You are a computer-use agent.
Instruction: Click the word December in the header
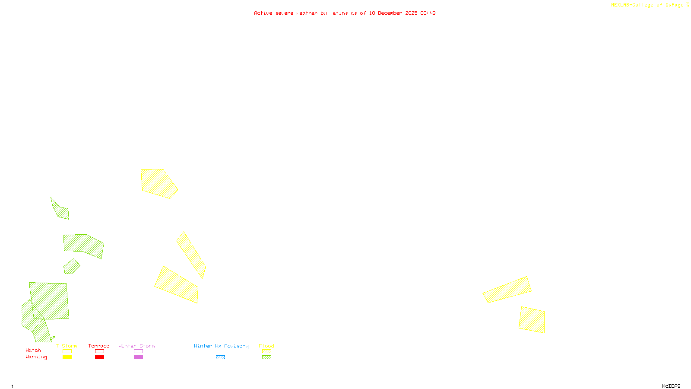390,13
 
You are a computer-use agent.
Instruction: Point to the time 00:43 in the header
428,13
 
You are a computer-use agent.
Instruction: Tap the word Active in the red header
263,13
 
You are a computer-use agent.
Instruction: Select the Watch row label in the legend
33,351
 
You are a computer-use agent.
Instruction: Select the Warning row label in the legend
36,357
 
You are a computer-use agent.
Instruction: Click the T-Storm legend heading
67,346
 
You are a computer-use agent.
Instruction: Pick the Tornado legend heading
99,346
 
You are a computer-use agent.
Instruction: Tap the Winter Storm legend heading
136,346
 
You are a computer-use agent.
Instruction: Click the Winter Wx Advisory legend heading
221,346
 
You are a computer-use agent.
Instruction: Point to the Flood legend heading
266,346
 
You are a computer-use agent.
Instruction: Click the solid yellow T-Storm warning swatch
67,357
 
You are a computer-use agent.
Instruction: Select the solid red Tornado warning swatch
99,357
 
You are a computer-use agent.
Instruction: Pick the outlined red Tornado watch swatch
99,351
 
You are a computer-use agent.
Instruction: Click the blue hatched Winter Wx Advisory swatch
220,357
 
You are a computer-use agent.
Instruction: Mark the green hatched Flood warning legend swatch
266,357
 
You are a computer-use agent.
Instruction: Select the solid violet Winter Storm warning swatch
138,357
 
